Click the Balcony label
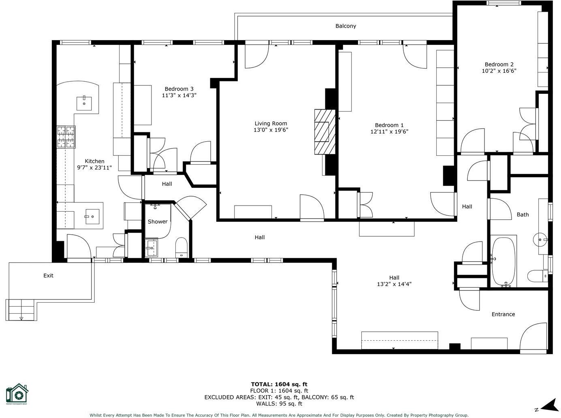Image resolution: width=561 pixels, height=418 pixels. point(346,26)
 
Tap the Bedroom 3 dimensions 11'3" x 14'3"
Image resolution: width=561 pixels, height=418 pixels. point(179,95)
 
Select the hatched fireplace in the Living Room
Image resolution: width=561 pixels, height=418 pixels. point(325,132)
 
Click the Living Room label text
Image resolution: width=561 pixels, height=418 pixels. point(271,123)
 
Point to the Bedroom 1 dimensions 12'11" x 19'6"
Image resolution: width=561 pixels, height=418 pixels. point(389,132)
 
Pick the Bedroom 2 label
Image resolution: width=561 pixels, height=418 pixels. point(499,64)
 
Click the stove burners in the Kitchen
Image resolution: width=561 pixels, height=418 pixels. point(66,137)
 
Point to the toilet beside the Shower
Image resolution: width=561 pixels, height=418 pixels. point(181,248)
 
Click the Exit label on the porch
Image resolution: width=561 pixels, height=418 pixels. point(48,276)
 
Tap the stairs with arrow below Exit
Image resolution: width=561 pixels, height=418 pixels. point(21,310)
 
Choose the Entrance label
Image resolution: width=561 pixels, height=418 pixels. point(503,314)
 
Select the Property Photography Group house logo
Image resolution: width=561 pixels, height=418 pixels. point(17,394)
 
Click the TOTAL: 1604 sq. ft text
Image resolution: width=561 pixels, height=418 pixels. point(279,384)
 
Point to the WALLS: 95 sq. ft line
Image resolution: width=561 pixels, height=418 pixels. point(279,403)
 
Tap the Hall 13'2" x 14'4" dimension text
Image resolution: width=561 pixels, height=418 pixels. point(394,284)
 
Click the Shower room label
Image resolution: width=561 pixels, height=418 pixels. point(158,221)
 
